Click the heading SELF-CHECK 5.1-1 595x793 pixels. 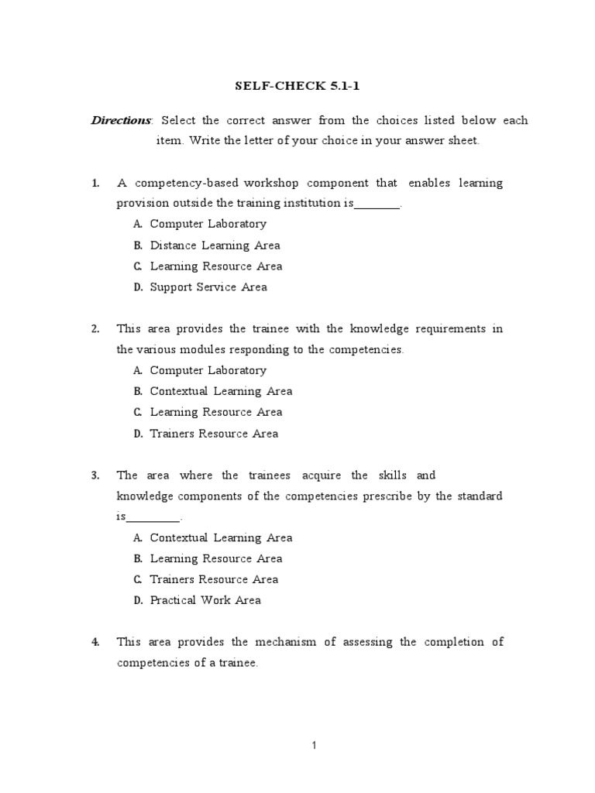tap(297, 87)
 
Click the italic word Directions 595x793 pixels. tap(122, 120)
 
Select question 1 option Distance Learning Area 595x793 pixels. tap(215, 245)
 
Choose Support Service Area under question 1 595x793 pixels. tap(208, 287)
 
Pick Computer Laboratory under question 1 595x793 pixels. tap(208, 224)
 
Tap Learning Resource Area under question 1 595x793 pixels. tap(215, 266)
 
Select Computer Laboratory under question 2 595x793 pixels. tap(208, 370)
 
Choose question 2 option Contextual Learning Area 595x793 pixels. tap(221, 391)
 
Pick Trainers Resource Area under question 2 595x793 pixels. tap(214, 434)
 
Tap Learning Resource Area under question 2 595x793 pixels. tap(215, 412)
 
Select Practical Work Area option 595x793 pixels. tap(205, 600)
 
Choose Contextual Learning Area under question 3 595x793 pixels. tap(221, 537)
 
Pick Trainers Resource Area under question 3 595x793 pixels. tap(214, 579)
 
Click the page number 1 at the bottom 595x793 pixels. tap(314, 746)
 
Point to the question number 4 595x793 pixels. tap(95, 642)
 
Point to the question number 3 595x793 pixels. tap(95, 475)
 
